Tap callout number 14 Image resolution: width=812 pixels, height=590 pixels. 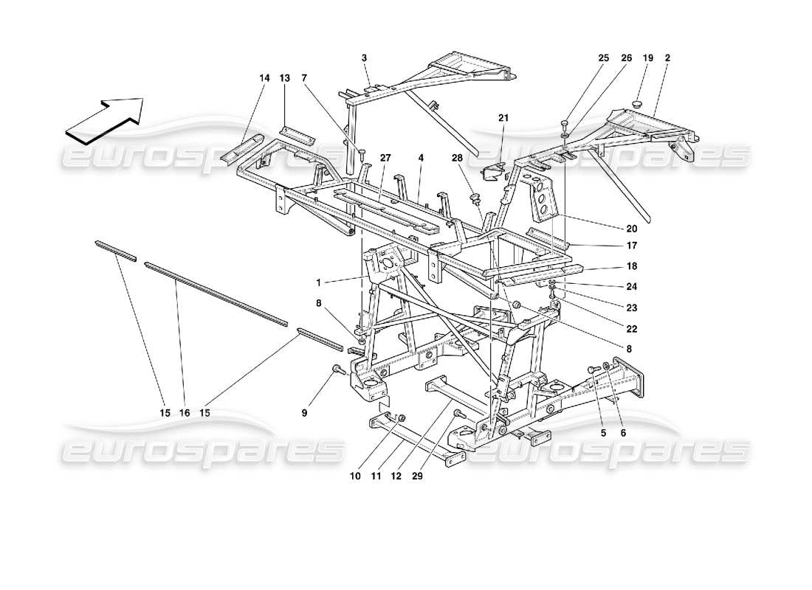click(x=264, y=77)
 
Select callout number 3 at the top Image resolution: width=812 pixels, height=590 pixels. click(x=364, y=58)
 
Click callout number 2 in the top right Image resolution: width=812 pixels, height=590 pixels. click(x=667, y=58)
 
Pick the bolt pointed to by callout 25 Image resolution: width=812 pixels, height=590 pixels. click(x=565, y=123)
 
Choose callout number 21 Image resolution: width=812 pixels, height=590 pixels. click(x=503, y=118)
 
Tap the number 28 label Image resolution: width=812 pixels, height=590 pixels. click(x=458, y=158)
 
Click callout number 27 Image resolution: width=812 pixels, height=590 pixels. click(x=385, y=157)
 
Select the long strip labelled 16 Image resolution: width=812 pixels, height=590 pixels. click(x=214, y=292)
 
